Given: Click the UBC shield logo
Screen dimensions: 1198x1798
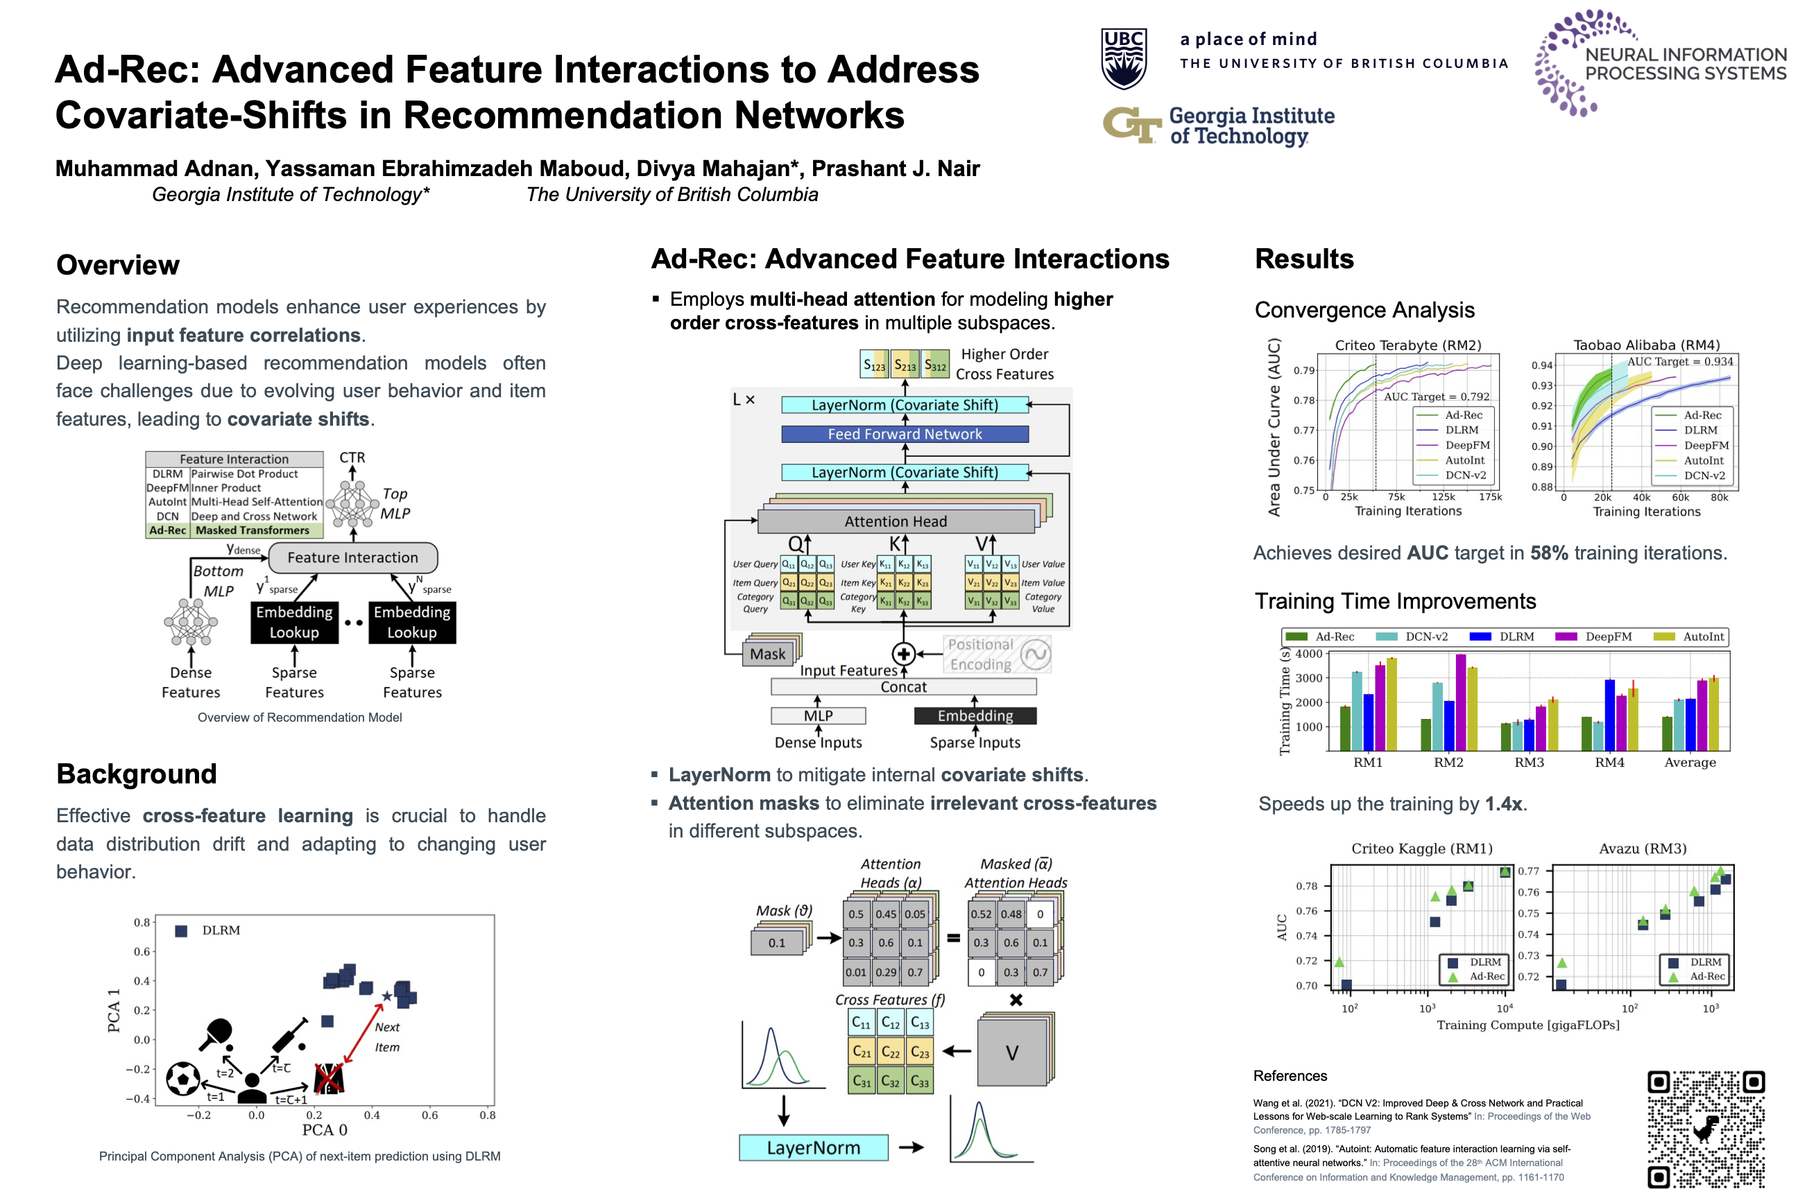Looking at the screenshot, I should click(x=1123, y=59).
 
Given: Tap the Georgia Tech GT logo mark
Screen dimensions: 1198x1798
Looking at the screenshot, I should click(x=1131, y=125).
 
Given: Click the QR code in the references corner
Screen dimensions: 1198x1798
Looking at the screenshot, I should click(x=1706, y=1129).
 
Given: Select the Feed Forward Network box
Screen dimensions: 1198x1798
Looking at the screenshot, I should click(x=905, y=434).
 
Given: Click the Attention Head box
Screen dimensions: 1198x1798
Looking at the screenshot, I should click(x=895, y=521).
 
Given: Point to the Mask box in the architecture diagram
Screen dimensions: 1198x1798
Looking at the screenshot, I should click(x=767, y=654).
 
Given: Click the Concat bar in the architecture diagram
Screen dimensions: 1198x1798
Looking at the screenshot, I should click(x=903, y=687).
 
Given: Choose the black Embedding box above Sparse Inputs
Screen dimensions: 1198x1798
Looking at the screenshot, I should click(x=975, y=716).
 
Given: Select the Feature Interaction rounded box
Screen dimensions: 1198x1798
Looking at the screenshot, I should click(x=352, y=557).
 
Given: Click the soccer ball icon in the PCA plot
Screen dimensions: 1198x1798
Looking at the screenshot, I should click(x=183, y=1079).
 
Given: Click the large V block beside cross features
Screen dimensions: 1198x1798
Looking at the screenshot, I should click(x=1011, y=1053).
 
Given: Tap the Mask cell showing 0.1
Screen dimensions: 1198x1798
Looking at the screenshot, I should click(x=777, y=943).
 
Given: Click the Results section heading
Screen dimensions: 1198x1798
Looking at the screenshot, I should click(x=1304, y=259).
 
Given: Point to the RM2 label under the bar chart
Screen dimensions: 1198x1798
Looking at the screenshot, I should click(x=1448, y=763).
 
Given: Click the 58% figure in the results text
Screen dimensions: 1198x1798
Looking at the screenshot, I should click(x=1549, y=553).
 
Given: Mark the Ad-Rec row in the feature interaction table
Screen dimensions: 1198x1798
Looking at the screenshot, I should click(x=234, y=530).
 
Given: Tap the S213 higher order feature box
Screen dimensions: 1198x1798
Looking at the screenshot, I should click(x=905, y=365).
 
